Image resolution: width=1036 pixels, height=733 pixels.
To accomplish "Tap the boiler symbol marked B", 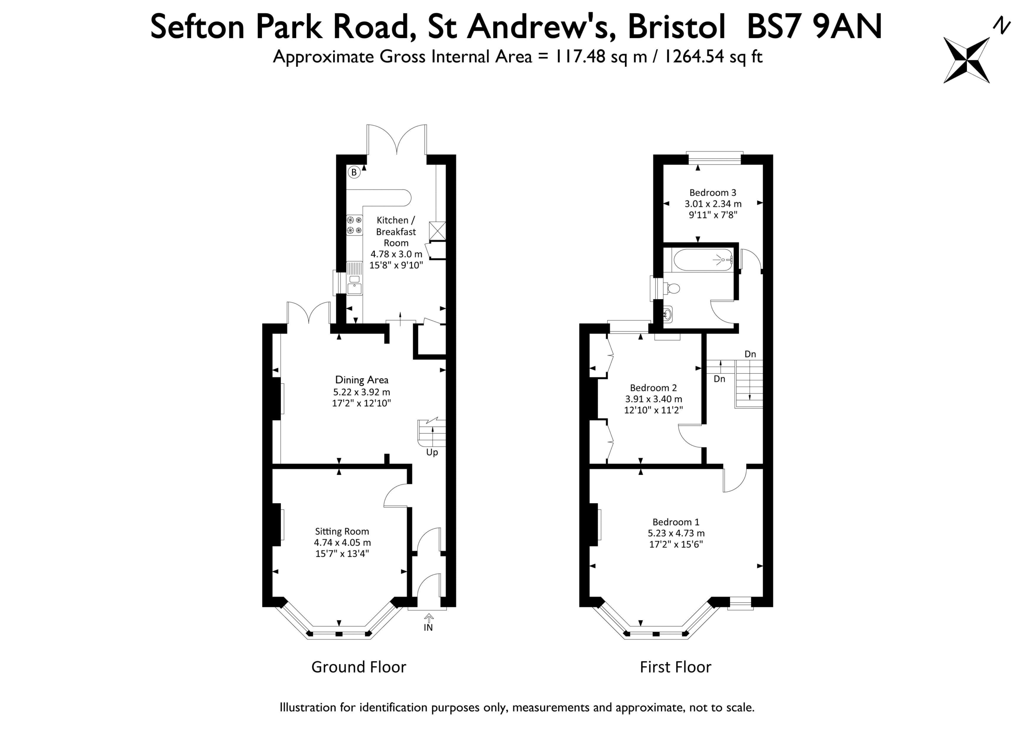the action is pos(354,172).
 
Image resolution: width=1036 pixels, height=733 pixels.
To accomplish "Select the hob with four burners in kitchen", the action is pos(354,225).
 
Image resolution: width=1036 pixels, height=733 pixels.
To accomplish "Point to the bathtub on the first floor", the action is pos(703,260).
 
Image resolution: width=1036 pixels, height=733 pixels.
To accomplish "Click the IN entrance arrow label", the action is pos(428,627).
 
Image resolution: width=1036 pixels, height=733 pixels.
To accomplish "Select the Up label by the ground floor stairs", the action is pos(432,452).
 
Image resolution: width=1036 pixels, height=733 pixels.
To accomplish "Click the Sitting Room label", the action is pos(342,531).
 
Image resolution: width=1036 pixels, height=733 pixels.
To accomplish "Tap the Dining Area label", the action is pos(361,380).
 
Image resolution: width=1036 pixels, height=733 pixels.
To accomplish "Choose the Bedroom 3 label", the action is pos(713,192).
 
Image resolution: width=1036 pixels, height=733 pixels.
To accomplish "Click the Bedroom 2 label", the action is pos(653,388).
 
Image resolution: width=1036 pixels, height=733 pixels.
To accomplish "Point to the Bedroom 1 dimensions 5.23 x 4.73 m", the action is pos(676,533).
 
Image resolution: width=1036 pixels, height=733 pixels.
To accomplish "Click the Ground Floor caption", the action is pos(359,667).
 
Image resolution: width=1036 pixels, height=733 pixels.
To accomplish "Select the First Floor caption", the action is pos(675,667).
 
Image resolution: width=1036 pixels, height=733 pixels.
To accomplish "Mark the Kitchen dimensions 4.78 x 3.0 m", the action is pos(396,254).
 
